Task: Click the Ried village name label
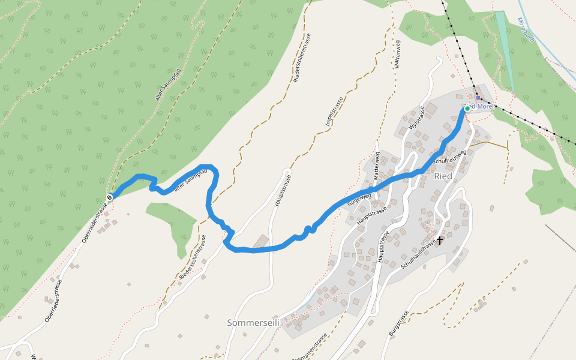442,176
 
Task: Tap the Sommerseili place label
254,323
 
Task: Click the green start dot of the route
467,109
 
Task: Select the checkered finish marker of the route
110,197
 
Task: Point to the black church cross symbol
440,240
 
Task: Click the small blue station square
478,98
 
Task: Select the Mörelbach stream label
526,29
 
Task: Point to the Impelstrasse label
334,112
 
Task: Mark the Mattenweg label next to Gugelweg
377,166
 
